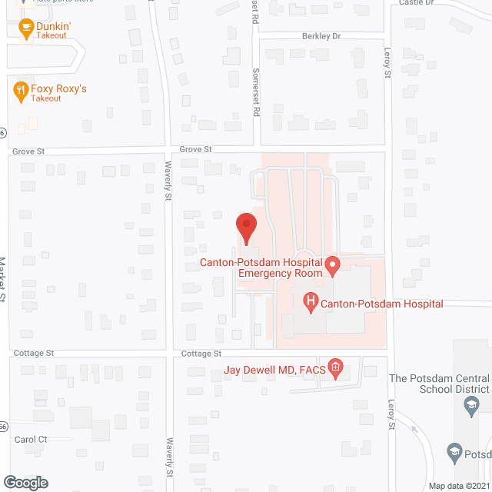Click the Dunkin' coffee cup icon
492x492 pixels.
click(x=25, y=28)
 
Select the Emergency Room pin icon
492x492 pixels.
click(x=333, y=267)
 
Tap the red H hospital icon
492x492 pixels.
click(x=311, y=303)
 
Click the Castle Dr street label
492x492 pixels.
click(x=417, y=2)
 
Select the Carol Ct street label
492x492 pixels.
click(x=31, y=440)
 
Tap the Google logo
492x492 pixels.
click(x=25, y=482)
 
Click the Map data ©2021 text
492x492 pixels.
click(x=458, y=486)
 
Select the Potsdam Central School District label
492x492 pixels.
click(x=439, y=384)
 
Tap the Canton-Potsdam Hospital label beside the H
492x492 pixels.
click(x=382, y=304)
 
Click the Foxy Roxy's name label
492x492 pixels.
click(x=58, y=89)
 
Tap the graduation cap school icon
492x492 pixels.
click(x=454, y=451)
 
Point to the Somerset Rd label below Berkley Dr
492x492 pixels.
click(x=256, y=92)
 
